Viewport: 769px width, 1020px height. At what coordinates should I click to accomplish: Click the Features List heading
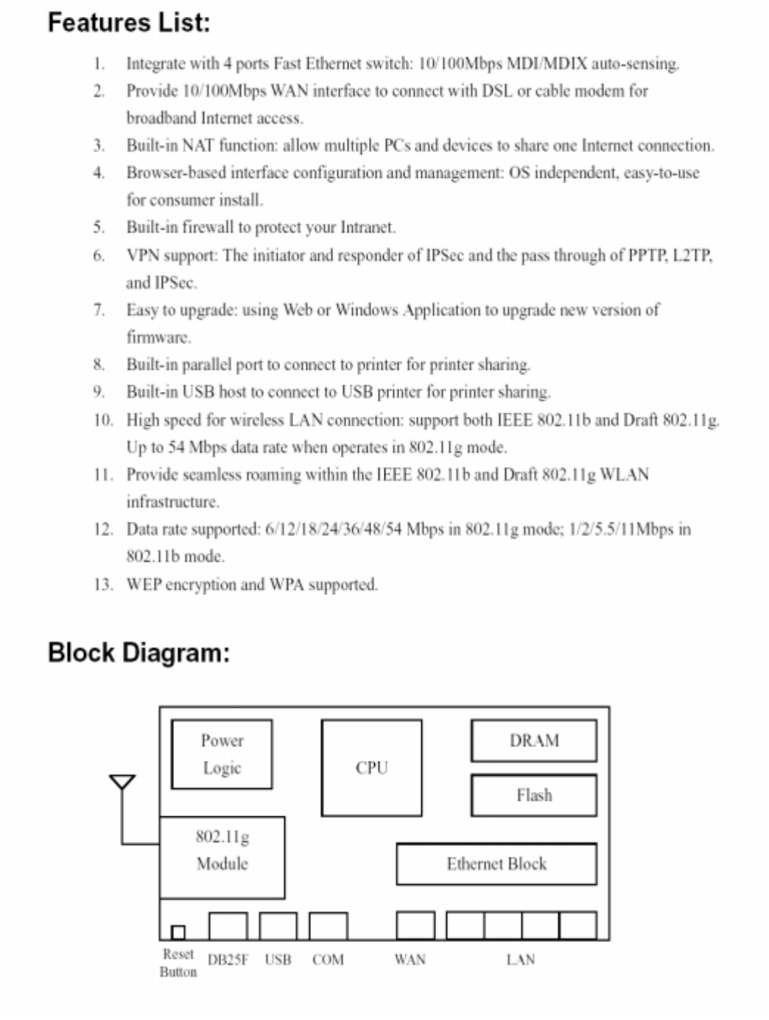point(129,22)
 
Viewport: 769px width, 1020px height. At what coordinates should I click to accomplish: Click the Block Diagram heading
point(138,652)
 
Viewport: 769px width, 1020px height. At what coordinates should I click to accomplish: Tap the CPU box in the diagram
point(371,768)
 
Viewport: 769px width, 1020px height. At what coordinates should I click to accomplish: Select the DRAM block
point(534,741)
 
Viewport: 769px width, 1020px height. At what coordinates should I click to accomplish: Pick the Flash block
point(534,795)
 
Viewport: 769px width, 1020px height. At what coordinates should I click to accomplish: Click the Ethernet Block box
point(496,863)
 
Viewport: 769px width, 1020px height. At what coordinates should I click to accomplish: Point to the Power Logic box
point(221,754)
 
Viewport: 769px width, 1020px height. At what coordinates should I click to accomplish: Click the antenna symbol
point(122,782)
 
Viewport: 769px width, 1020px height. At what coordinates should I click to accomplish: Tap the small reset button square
point(178,932)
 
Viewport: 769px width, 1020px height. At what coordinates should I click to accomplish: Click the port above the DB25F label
point(228,926)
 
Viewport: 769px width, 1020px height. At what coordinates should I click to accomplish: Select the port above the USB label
point(278,926)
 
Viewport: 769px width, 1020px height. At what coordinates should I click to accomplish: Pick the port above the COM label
point(328,926)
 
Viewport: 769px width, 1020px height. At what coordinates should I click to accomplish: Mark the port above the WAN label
point(415,925)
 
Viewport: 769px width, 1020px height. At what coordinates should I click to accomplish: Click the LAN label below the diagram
point(521,960)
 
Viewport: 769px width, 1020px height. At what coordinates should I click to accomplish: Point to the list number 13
point(102,585)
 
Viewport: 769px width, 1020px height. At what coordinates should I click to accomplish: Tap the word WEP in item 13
point(143,585)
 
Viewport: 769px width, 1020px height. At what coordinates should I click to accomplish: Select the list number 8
point(99,365)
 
